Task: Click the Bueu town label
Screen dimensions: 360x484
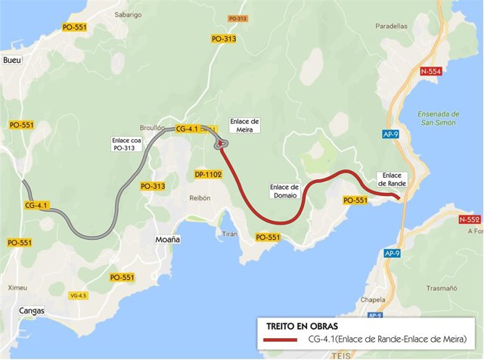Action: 11,61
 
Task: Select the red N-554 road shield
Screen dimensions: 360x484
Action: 430,71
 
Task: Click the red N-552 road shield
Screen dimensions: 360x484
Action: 469,219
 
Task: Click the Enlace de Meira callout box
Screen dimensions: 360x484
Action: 244,125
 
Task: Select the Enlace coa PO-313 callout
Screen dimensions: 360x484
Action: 128,144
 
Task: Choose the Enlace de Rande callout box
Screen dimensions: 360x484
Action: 392,179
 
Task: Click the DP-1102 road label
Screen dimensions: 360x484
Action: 208,174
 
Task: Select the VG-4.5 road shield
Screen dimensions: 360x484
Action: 79,295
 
